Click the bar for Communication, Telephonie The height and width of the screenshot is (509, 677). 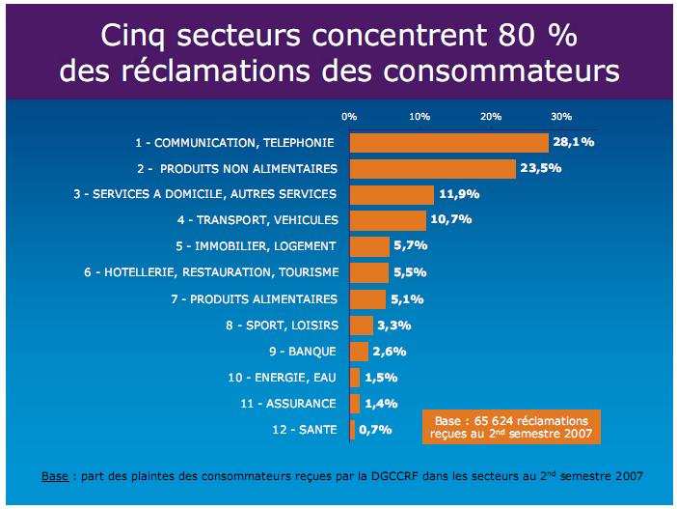448,143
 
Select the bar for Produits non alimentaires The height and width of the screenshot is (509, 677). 432,169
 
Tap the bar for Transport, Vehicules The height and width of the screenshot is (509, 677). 387,220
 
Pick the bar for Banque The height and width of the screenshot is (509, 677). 359,351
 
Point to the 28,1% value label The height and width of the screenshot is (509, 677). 573,143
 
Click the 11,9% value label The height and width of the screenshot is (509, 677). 459,194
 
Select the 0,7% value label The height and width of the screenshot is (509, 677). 375,429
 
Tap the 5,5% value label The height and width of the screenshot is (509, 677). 409,272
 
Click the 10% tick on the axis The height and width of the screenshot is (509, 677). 420,116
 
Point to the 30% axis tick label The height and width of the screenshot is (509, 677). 561,116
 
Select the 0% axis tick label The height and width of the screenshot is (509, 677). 349,116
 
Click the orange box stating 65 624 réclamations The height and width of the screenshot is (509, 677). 510,428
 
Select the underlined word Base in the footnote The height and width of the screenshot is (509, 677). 54,477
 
